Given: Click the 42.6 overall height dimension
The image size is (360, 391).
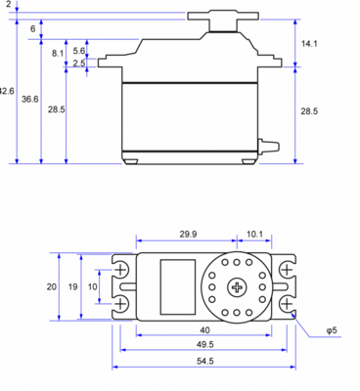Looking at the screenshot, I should [7, 91].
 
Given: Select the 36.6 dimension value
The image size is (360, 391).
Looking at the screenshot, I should [30, 100].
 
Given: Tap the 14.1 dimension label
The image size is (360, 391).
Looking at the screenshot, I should [308, 44].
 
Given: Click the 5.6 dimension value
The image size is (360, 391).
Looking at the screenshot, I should [78, 51].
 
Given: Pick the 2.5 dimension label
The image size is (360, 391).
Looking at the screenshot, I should [78, 64].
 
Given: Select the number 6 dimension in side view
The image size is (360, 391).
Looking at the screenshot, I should [32, 30].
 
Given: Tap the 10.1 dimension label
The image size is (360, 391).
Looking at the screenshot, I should [253, 235].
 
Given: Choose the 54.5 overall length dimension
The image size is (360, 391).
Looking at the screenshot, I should [204, 361].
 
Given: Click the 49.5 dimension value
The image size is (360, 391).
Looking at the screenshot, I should [204, 345].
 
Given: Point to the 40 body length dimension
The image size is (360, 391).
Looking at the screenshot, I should [204, 329].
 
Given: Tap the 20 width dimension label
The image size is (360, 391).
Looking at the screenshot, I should [51, 286].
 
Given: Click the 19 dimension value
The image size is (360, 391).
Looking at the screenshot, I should [72, 286].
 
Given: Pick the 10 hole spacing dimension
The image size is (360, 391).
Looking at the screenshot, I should [93, 286].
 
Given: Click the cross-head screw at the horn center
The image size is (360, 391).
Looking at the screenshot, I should [238, 286].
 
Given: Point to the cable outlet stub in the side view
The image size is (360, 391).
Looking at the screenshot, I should [263, 148].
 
